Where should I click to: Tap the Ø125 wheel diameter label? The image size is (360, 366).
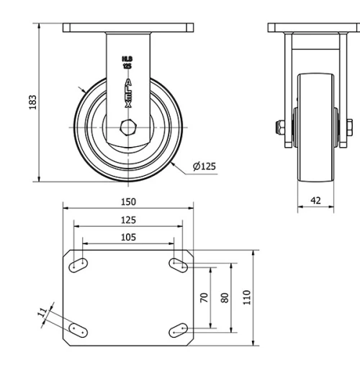click(204, 166)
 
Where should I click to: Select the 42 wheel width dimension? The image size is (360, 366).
click(315, 200)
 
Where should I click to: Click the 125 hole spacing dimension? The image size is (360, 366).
click(128, 220)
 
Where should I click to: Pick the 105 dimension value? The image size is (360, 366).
click(128, 237)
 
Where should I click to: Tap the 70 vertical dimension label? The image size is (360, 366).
click(204, 297)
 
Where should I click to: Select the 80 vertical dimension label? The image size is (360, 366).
click(225, 297)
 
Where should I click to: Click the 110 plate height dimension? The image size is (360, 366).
click(248, 297)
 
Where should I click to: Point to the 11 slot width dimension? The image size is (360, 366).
click(42, 312)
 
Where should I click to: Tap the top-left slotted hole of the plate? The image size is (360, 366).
click(78, 265)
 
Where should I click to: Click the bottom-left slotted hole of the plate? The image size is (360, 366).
click(78, 330)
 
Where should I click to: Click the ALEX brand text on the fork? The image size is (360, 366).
click(128, 94)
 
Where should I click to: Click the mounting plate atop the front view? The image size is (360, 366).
click(128, 28)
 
